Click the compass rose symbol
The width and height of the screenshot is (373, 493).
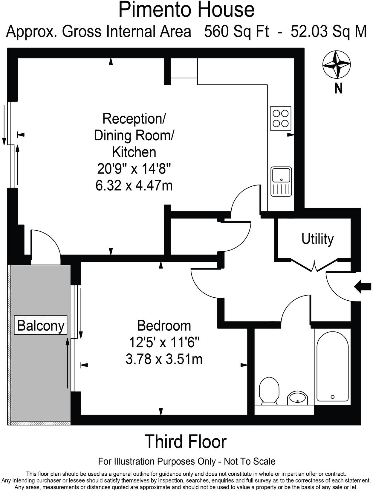pyautogui.click(x=337, y=64)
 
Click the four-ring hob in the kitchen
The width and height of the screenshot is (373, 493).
pyautogui.click(x=281, y=118)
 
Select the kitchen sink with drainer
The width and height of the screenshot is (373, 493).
pyautogui.click(x=281, y=182)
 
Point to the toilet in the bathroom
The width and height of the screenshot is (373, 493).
pyautogui.click(x=269, y=390)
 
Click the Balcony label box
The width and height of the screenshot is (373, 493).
pyautogui.click(x=41, y=325)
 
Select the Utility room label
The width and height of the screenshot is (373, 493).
pyautogui.click(x=317, y=239)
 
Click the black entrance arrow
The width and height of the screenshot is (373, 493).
pyautogui.click(x=363, y=286)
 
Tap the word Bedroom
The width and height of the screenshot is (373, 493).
pyautogui.click(x=164, y=325)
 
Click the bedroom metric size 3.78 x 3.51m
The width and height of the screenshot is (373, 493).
pyautogui.click(x=164, y=359)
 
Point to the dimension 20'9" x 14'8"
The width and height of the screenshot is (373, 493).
pyautogui.click(x=134, y=169)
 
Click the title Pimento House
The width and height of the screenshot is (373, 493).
pyautogui.click(x=186, y=10)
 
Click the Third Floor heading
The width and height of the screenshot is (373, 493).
pyautogui.click(x=186, y=442)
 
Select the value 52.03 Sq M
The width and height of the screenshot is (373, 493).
pyautogui.click(x=328, y=31)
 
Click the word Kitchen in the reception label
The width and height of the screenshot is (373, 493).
pyautogui.click(x=134, y=152)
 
